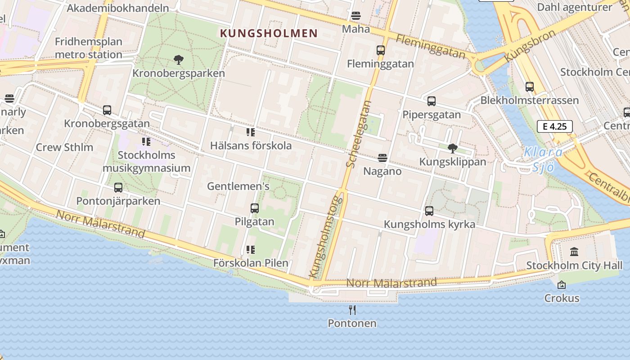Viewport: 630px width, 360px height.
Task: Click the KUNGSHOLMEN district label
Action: pos(269,33)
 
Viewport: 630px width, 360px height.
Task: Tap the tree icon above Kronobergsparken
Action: pos(179,59)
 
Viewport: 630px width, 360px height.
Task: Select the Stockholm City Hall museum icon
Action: pos(574,252)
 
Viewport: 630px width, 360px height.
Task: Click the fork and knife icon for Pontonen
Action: pos(352,310)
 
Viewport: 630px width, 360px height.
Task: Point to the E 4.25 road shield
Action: pos(554,126)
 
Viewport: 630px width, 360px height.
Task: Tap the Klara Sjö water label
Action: pos(543,159)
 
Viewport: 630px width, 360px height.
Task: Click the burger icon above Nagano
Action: pos(382,158)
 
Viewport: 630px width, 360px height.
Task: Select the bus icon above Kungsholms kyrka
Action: pos(429,211)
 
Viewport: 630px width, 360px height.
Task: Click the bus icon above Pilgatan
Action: pos(255,208)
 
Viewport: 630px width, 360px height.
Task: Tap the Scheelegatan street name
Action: pos(359,134)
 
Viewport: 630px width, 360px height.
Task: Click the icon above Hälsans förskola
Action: pos(251,132)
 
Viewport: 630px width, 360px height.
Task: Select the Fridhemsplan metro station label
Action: pos(89,48)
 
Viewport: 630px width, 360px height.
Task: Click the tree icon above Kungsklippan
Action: pos(453,148)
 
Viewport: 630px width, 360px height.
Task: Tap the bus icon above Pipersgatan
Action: pos(432,101)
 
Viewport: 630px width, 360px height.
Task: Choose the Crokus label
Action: pos(562,298)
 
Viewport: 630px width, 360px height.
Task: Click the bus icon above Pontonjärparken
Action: pos(118,187)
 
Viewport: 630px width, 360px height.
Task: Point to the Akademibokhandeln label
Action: pos(118,8)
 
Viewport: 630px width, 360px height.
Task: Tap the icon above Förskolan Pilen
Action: pos(251,250)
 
